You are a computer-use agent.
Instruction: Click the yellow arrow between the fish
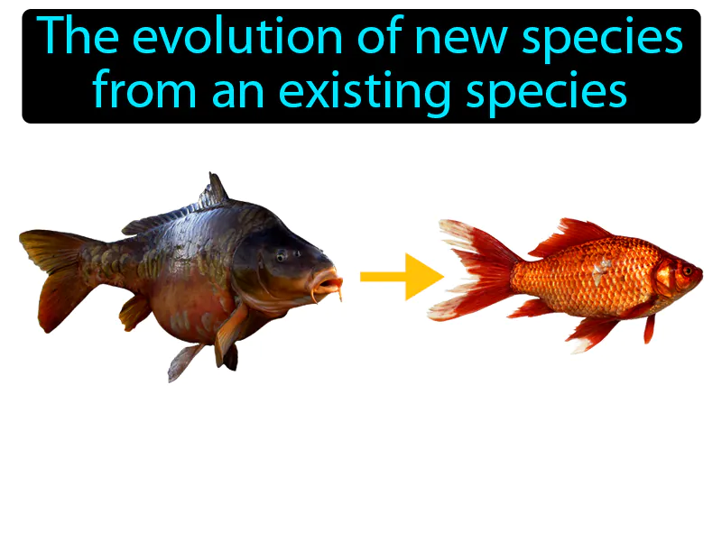pos(398,276)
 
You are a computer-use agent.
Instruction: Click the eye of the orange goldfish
pos(687,270)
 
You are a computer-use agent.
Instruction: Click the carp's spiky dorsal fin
pos(213,192)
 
